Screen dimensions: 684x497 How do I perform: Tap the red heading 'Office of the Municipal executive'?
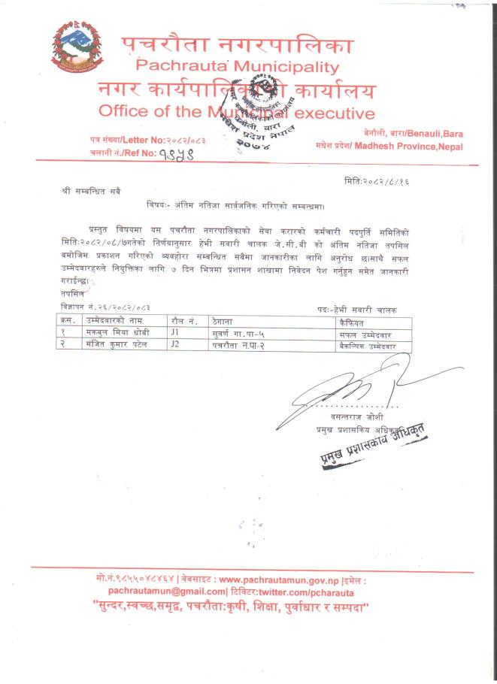235,113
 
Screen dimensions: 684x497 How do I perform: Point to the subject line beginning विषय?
241,204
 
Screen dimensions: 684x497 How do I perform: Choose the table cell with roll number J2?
176,345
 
